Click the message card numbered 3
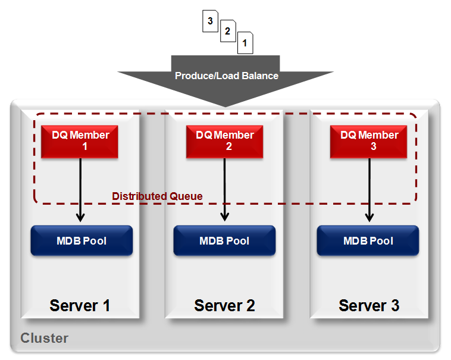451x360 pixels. pyautogui.click(x=210, y=22)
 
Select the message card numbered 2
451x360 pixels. pyautogui.click(x=227, y=32)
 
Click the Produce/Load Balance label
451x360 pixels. pyautogui.click(x=226, y=76)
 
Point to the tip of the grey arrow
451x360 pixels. pyautogui.click(x=225, y=106)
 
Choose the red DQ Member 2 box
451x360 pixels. pyautogui.click(x=225, y=141)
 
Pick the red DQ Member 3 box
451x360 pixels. pyautogui.click(x=369, y=141)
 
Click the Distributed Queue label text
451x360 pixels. pyautogui.click(x=157, y=196)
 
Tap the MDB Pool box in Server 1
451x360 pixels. pyautogui.click(x=82, y=241)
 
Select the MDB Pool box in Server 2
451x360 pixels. pyautogui.click(x=225, y=241)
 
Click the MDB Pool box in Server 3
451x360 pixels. pyautogui.click(x=368, y=241)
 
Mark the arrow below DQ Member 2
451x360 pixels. pyautogui.click(x=225, y=190)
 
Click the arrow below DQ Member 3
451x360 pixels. pyautogui.click(x=369, y=190)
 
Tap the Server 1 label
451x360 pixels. pyautogui.click(x=80, y=306)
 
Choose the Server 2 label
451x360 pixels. pyautogui.click(x=224, y=306)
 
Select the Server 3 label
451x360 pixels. pyautogui.click(x=369, y=306)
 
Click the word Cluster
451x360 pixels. pyautogui.click(x=45, y=339)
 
